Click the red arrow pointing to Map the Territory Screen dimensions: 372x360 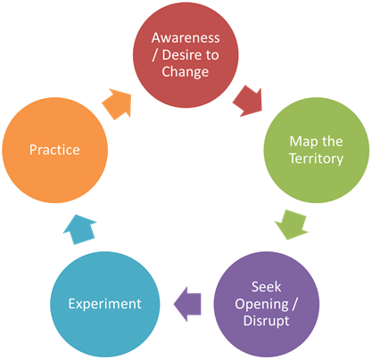click(249, 101)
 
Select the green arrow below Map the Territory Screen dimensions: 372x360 click(292, 224)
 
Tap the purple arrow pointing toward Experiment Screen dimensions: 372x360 click(188, 304)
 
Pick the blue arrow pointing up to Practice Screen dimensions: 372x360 click(79, 229)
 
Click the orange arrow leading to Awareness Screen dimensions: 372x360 click(117, 104)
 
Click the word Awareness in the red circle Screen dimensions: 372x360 click(186, 38)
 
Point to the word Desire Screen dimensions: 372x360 click(181, 55)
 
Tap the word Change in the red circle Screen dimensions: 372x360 click(186, 72)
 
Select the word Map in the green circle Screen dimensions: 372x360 click(302, 142)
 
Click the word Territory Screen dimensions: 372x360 click(317, 159)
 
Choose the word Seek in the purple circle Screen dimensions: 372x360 click(267, 287)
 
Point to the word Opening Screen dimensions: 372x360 click(261, 305)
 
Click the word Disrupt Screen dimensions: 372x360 click(267, 321)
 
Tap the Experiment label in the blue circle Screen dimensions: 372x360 click(105, 304)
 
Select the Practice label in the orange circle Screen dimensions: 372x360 click(54, 150)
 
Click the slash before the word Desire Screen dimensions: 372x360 click(155, 55)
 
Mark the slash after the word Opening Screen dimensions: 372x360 click(294, 304)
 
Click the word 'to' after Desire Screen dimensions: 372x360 click(212, 55)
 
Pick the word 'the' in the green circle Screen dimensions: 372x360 click(333, 142)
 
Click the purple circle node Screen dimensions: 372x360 click(267, 304)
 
